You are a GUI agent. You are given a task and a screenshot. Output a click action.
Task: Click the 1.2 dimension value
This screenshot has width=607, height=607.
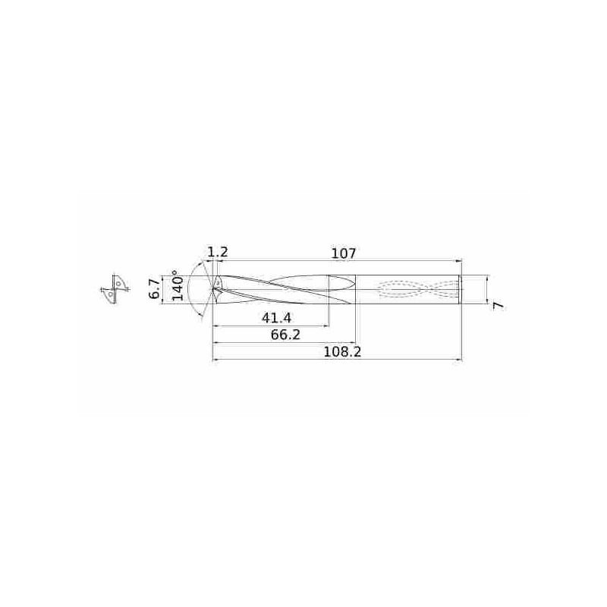(217, 253)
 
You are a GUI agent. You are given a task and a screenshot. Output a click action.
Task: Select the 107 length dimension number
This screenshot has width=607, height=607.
(344, 253)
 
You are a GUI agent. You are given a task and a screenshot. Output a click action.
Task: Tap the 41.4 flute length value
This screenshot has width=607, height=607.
(275, 318)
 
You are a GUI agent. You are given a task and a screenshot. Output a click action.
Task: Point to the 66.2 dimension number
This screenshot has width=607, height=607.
(285, 335)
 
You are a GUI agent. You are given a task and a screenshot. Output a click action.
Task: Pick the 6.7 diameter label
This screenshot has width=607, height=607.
(155, 289)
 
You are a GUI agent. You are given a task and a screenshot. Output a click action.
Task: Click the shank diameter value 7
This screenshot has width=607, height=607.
(498, 304)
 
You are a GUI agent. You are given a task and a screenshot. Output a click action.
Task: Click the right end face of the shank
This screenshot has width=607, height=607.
(461, 289)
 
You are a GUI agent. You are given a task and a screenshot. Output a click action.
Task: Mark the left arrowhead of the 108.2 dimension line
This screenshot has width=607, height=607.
(215, 360)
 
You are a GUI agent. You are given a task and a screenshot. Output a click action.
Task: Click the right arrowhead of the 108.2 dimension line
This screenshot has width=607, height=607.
(459, 360)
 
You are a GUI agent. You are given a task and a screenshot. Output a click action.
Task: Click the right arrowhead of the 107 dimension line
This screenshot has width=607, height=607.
(459, 261)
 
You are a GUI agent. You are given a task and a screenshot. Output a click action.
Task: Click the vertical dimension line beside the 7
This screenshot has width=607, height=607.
(486, 289)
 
